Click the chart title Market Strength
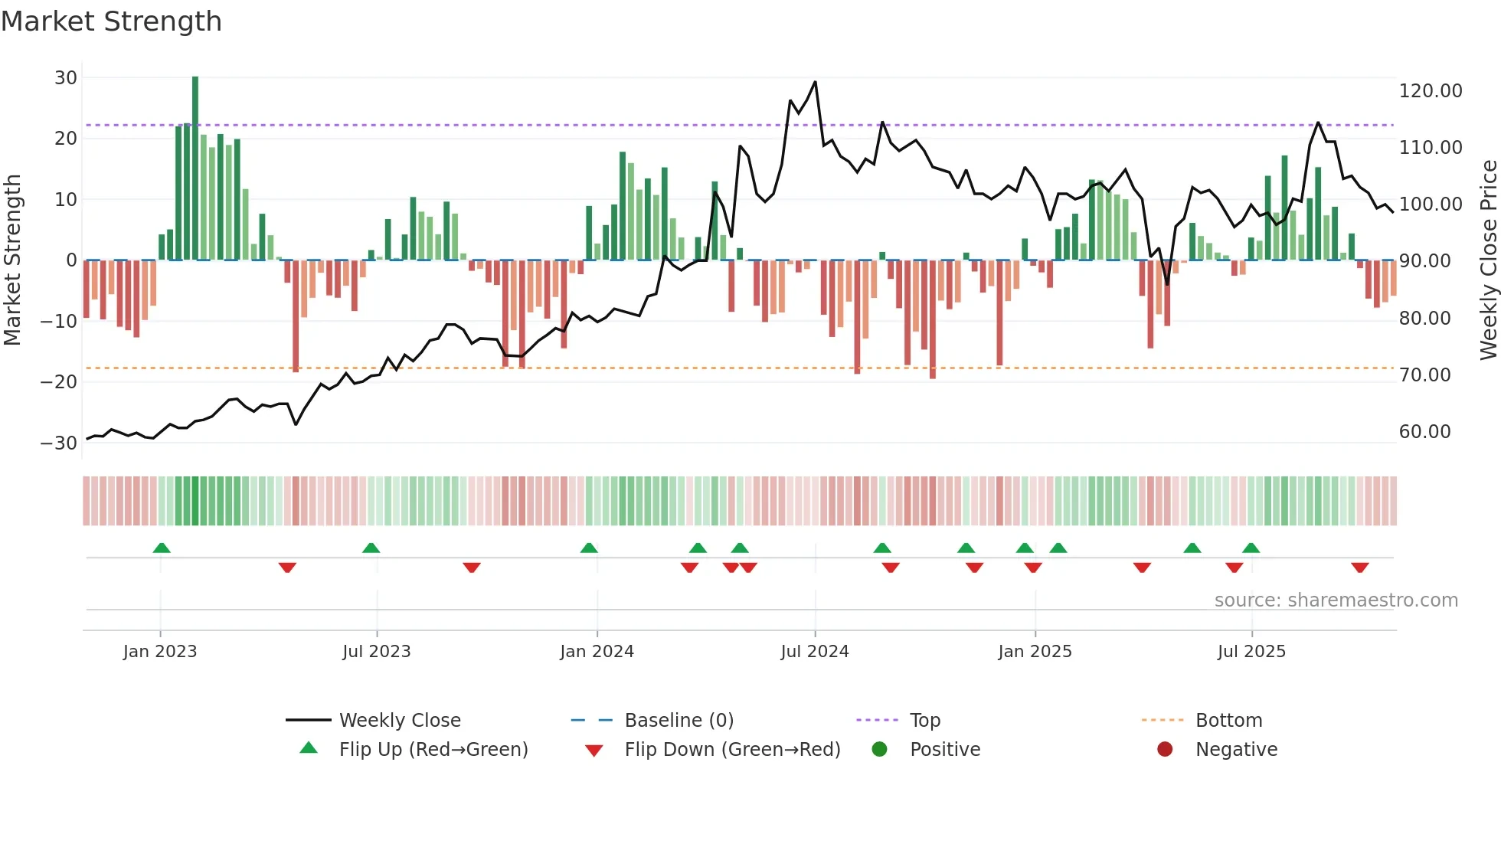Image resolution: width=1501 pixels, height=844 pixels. pyautogui.click(x=111, y=21)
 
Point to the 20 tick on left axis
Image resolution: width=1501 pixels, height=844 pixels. pyautogui.click(x=66, y=139)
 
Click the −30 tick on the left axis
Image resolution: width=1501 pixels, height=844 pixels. pyautogui.click(x=59, y=443)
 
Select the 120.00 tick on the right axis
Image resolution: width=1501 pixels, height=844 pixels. pyautogui.click(x=1430, y=91)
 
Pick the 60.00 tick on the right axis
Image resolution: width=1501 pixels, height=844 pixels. pyautogui.click(x=1424, y=432)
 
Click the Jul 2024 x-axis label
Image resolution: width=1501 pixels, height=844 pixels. pyautogui.click(x=814, y=652)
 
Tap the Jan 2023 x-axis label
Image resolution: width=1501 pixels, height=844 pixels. pyautogui.click(x=160, y=652)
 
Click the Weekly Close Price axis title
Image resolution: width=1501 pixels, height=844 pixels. pyautogui.click(x=1488, y=260)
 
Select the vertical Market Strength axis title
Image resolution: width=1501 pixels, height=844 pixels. pyautogui.click(x=12, y=260)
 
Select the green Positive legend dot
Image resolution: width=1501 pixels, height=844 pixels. pyautogui.click(x=879, y=750)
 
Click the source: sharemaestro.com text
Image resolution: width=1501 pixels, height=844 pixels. pyautogui.click(x=1336, y=600)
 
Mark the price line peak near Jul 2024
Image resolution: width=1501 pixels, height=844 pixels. pyautogui.click(x=815, y=82)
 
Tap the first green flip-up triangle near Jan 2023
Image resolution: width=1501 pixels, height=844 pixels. pyautogui.click(x=162, y=548)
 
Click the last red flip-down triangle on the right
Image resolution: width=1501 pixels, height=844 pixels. pyautogui.click(x=1359, y=568)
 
